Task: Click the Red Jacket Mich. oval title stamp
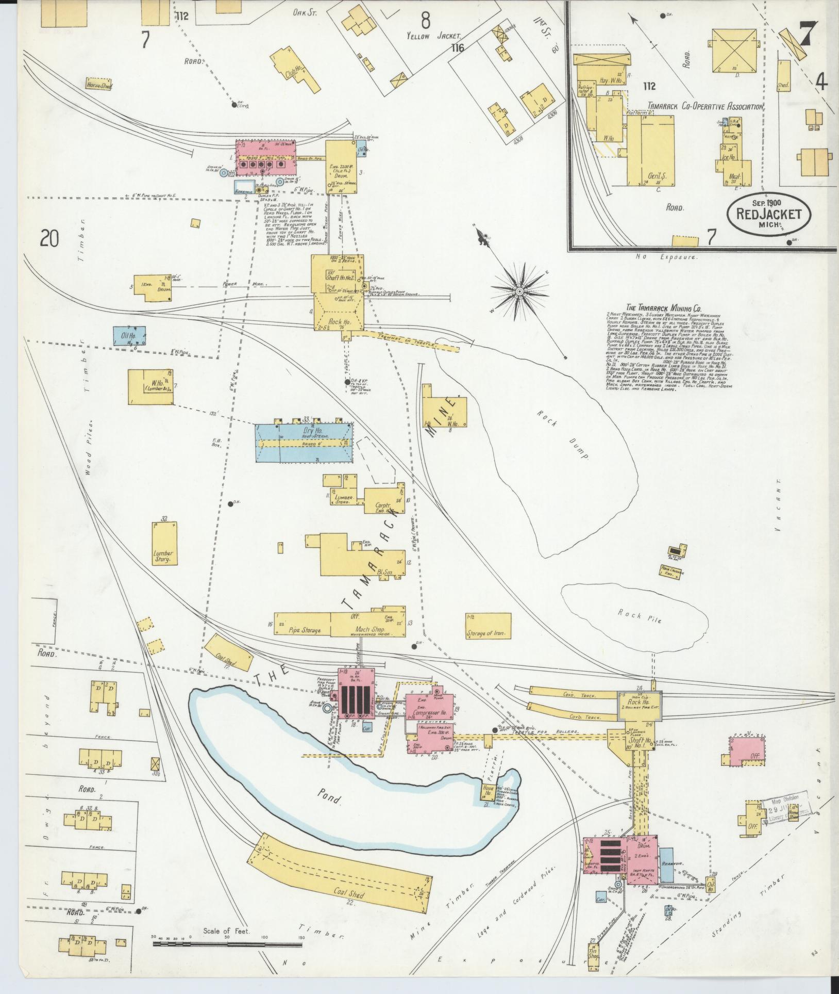click(x=769, y=213)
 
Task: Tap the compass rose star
click(x=520, y=291)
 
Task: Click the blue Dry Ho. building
click(x=304, y=442)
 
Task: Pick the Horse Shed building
click(x=99, y=84)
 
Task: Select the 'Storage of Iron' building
click(x=488, y=626)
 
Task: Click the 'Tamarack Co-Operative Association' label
click(x=706, y=107)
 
